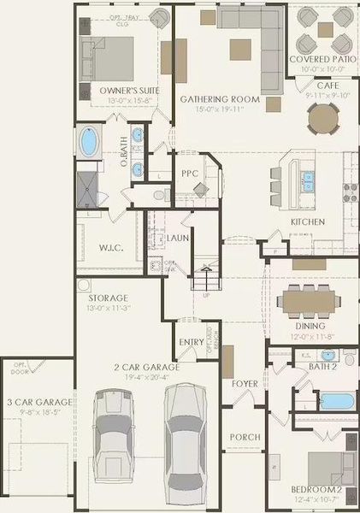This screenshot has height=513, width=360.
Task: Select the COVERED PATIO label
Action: coord(322,59)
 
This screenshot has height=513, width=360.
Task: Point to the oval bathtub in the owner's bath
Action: coord(88,143)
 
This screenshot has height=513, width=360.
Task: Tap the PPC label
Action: coord(190,174)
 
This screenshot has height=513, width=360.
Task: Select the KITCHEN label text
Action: coord(307,221)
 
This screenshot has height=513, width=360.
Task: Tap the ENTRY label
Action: coord(192,342)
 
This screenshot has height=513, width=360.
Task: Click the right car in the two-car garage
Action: coord(186,432)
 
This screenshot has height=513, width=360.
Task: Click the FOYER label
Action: coord(245,384)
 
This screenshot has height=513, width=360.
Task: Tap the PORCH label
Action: coord(245,437)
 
